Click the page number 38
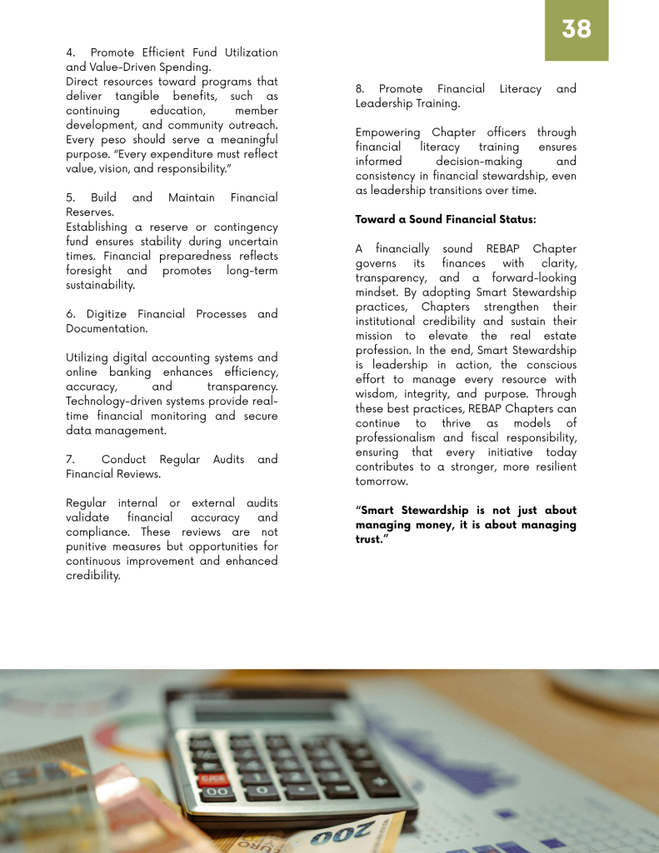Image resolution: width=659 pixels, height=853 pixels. (x=577, y=29)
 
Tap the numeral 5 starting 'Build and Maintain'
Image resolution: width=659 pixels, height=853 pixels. (x=70, y=197)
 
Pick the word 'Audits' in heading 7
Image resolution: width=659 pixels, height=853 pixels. (x=267, y=459)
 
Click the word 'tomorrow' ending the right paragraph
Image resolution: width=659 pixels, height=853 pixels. (x=382, y=481)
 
